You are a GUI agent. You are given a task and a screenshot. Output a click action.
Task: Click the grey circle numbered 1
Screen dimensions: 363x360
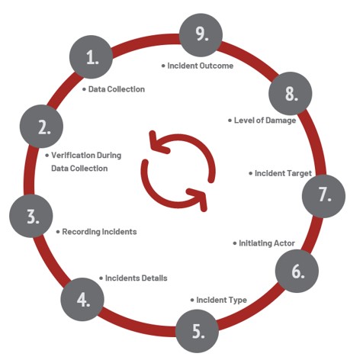(92, 56)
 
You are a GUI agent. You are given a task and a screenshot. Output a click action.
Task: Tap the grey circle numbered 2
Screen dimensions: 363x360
(41, 126)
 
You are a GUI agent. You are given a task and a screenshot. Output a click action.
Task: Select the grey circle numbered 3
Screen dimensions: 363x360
(31, 216)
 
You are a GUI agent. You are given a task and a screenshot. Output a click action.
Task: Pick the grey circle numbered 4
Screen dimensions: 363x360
(82, 299)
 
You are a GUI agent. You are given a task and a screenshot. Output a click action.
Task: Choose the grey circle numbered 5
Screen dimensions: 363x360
(198, 331)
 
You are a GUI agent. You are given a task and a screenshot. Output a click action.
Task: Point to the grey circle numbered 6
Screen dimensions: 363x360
(297, 271)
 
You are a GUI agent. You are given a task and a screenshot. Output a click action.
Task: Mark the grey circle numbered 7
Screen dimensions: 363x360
(323, 196)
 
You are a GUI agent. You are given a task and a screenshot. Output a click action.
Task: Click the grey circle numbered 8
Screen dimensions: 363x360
(291, 93)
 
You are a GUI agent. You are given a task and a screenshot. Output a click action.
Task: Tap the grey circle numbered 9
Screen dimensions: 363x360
(201, 35)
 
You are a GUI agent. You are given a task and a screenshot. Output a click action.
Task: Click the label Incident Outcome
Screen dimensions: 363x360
(201, 66)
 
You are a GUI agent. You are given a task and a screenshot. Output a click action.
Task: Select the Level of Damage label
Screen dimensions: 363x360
(265, 121)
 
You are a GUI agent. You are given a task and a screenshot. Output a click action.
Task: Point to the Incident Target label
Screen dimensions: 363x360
(283, 173)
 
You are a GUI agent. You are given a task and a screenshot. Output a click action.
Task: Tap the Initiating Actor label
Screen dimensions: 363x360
(267, 243)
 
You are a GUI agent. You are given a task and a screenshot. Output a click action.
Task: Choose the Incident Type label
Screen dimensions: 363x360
(222, 301)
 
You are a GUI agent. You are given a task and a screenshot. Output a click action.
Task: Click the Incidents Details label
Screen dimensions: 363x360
(137, 278)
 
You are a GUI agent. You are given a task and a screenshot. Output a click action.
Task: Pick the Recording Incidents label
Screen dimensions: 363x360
(99, 232)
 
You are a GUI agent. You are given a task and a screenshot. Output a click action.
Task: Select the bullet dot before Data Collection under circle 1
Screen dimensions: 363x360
(85, 89)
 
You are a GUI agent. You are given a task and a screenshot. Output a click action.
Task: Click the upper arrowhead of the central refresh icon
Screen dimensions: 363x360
(158, 143)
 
